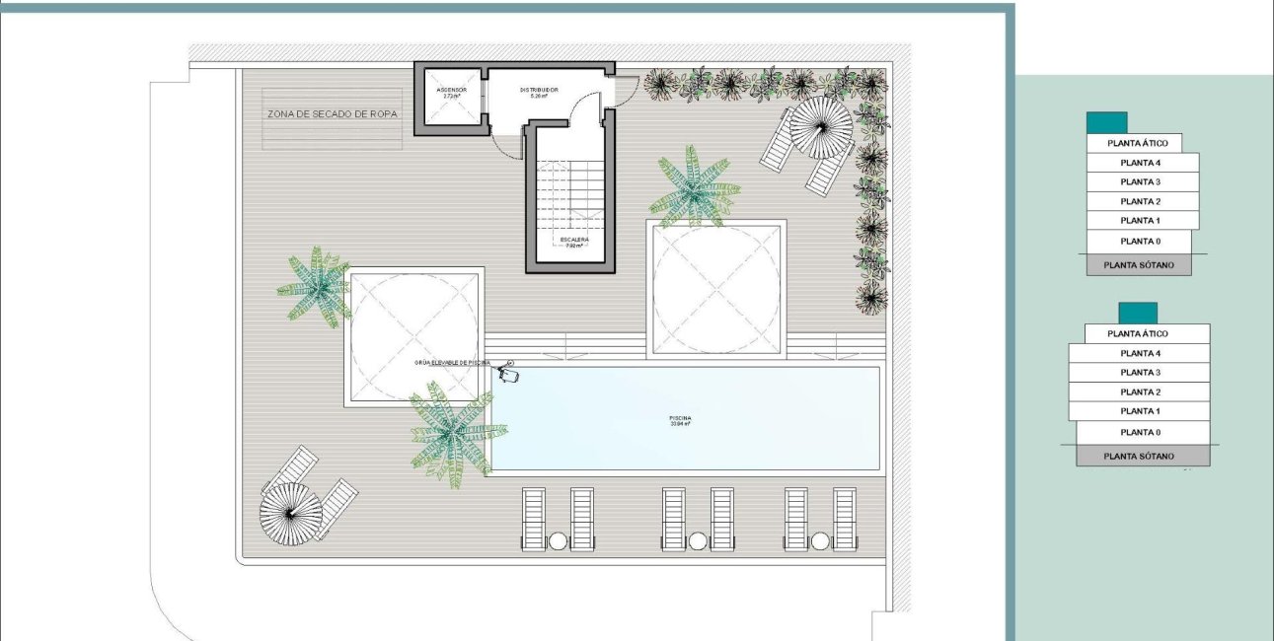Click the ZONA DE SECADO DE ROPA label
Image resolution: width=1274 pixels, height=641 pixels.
(x=333, y=114)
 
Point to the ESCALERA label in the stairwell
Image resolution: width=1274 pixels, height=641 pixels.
(x=573, y=240)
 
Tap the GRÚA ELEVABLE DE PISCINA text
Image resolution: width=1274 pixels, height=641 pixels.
(x=452, y=363)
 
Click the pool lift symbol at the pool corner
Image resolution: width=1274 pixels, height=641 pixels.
(x=509, y=374)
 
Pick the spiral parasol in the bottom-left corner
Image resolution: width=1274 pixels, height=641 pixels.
(x=290, y=513)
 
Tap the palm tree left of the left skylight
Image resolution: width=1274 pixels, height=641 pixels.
(x=317, y=286)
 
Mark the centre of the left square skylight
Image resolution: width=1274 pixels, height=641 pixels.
(x=414, y=336)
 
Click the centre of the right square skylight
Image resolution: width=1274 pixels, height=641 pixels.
(x=716, y=286)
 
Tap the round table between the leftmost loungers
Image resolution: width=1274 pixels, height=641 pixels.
(x=558, y=540)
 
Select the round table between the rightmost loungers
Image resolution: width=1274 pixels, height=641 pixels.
(x=820, y=540)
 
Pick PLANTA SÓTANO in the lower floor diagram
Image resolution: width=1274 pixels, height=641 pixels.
(x=1139, y=457)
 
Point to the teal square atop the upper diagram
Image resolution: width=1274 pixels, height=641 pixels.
(x=1106, y=123)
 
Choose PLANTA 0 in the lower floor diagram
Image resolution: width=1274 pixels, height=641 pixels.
(x=1140, y=433)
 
